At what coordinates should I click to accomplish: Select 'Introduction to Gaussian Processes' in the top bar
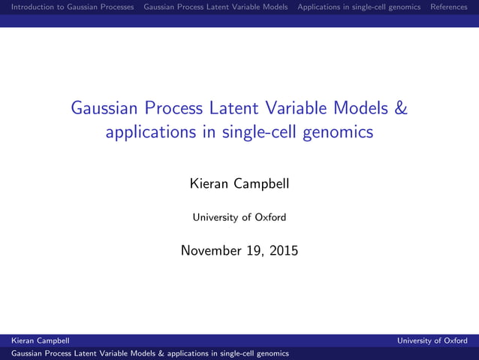(68, 7)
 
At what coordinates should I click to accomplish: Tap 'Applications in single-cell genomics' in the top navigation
(359, 7)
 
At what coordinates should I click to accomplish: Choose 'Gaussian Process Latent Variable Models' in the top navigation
(215, 7)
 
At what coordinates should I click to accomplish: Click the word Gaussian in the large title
(104, 108)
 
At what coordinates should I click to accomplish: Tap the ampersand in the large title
(401, 108)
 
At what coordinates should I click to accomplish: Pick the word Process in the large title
(170, 108)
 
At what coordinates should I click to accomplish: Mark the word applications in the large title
(147, 133)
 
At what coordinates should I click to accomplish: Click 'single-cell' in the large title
(253, 133)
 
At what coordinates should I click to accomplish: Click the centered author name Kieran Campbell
(239, 183)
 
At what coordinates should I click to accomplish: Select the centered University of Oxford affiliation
(239, 218)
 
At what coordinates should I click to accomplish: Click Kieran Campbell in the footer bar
(40, 340)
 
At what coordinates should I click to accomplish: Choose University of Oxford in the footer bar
(432, 340)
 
